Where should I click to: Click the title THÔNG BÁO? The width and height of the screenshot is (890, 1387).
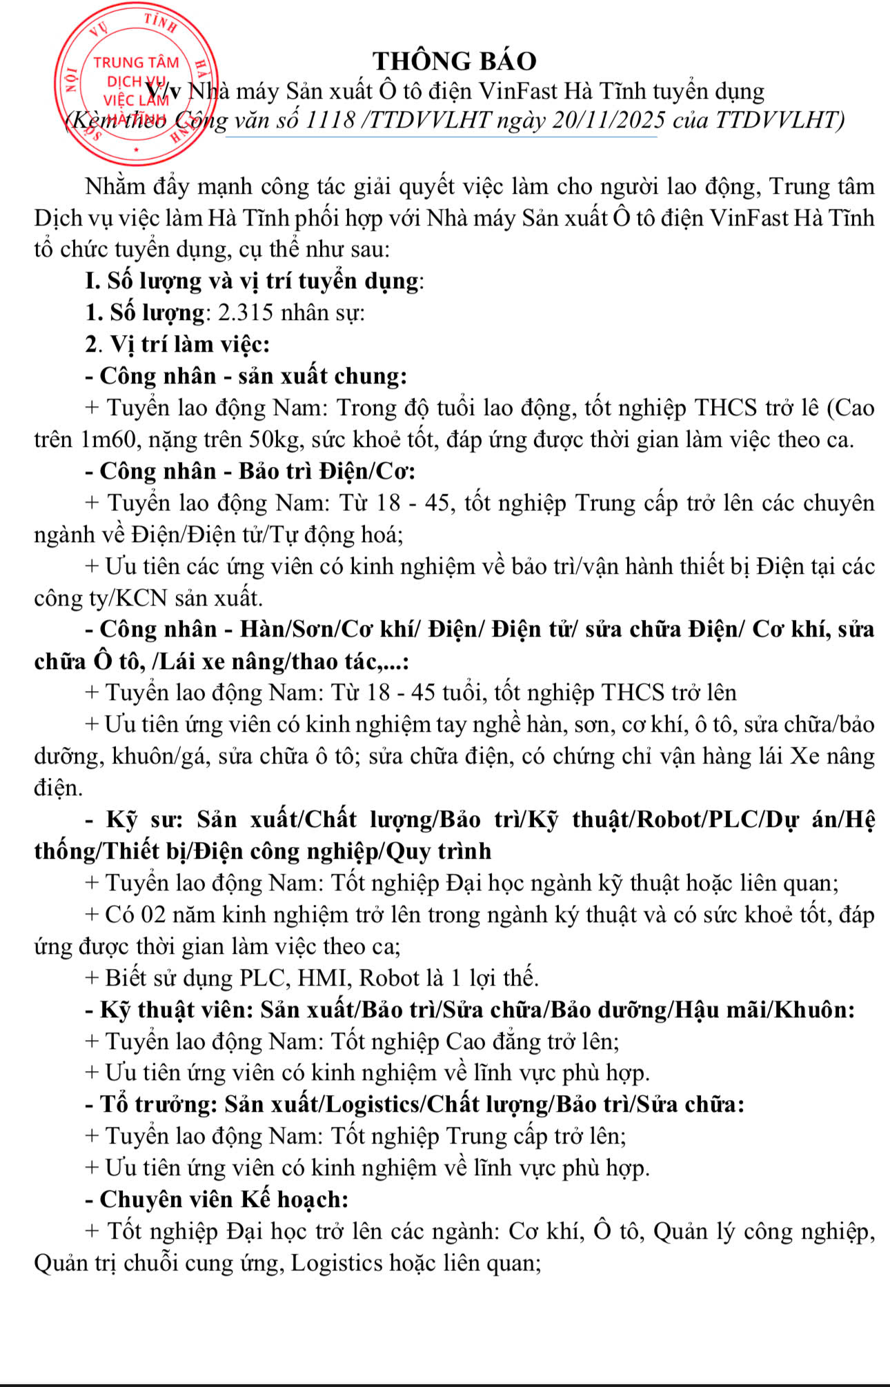[x=455, y=61]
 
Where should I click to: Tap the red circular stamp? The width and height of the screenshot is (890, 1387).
[x=136, y=84]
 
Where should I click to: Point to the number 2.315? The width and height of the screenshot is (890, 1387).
[x=246, y=312]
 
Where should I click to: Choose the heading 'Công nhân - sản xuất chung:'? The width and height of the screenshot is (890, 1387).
[x=246, y=376]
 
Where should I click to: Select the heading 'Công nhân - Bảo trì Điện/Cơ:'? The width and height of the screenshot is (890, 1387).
[x=250, y=471]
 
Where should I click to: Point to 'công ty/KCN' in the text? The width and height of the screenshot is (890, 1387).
[x=101, y=598]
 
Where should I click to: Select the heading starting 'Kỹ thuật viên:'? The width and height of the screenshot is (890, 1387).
[x=470, y=1010]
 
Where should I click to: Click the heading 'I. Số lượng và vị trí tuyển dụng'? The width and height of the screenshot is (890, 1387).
[x=253, y=281]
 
